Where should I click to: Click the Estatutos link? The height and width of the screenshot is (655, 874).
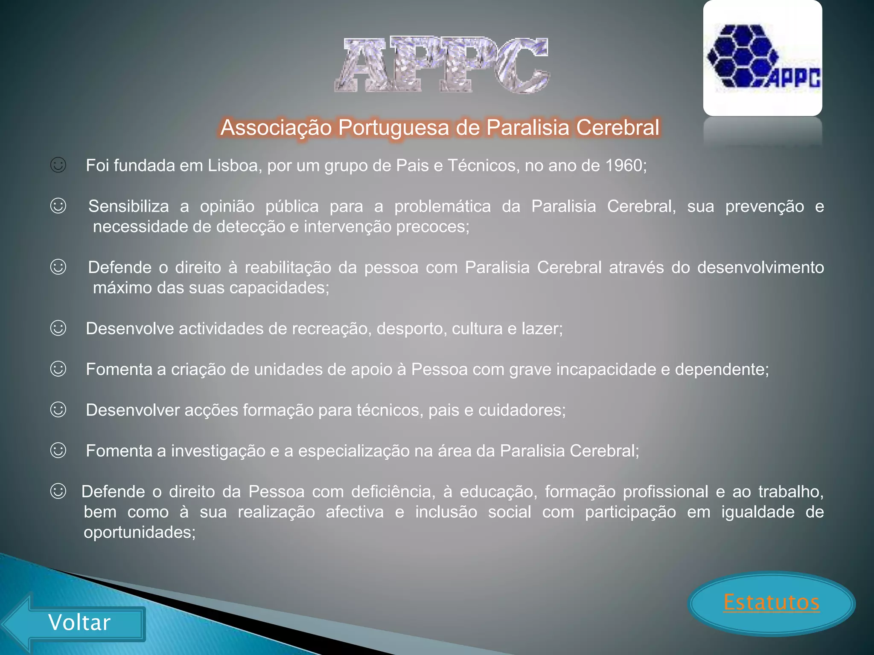[771, 602]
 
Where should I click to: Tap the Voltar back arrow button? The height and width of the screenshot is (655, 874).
[79, 623]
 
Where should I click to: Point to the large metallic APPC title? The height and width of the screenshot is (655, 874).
[442, 65]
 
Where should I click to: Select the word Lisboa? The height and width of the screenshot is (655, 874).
[233, 165]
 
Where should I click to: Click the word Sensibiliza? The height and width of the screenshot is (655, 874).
[128, 206]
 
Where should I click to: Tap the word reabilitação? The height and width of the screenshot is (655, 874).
[288, 267]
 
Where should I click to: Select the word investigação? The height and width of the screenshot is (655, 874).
[218, 451]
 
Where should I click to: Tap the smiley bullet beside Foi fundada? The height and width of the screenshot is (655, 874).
[58, 165]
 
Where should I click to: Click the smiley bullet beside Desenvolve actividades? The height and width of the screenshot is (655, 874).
[58, 328]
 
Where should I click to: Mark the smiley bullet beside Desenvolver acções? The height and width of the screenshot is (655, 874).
[58, 410]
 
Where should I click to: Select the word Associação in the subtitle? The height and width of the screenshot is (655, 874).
[276, 128]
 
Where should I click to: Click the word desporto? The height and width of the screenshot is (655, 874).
[409, 329]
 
